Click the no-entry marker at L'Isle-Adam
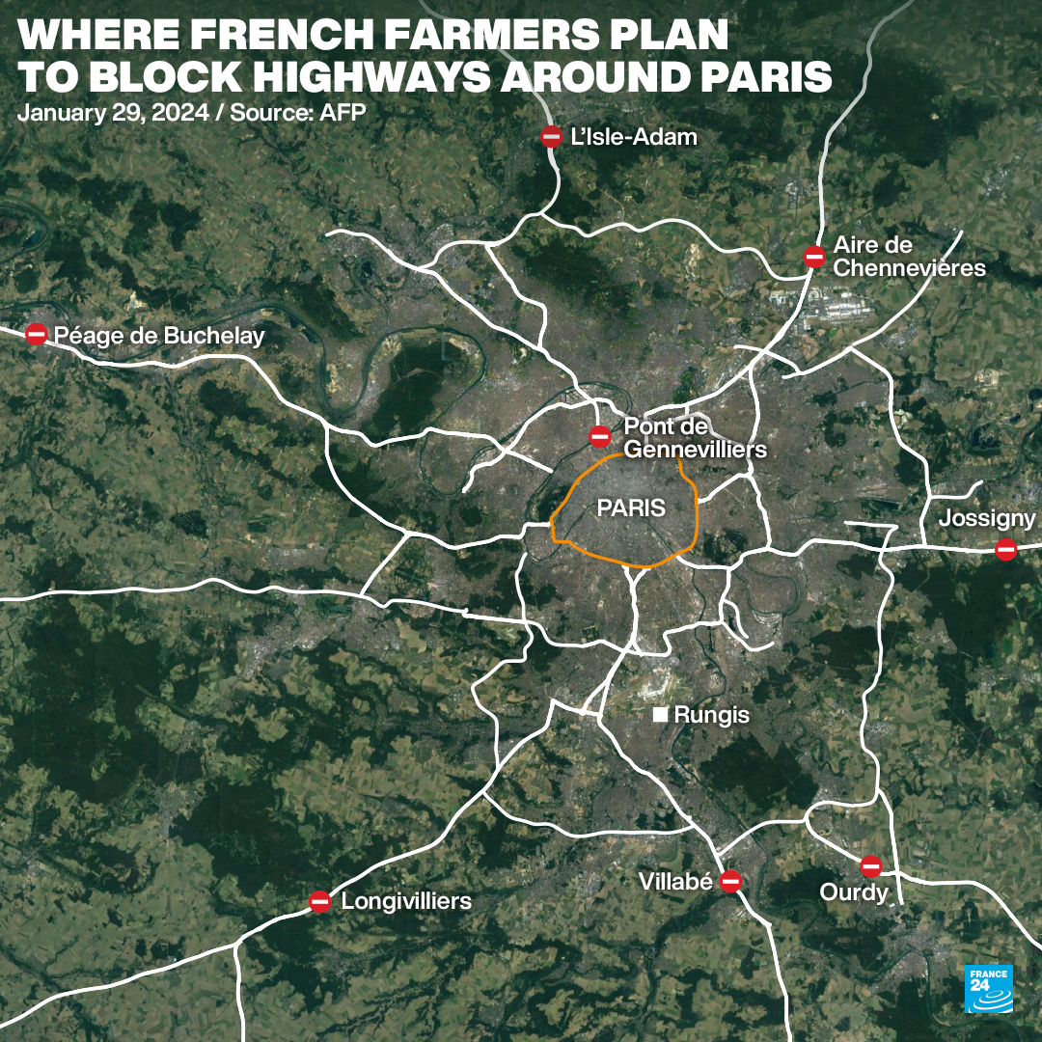point(551,137)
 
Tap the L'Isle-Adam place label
point(633,137)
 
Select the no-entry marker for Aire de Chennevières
point(814,257)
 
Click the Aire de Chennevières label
point(909,257)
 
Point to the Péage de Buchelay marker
point(37,335)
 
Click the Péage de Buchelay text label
point(159,336)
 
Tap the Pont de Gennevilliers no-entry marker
point(600,436)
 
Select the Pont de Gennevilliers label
point(695,438)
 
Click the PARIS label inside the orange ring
point(631,507)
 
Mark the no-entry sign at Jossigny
point(1006,550)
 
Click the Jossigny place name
point(987,519)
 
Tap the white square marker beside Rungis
point(660,715)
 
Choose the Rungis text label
point(711,716)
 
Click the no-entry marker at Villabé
point(730,881)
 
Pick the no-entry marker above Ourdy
point(871,865)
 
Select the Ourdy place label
point(853,893)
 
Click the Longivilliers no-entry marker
point(320,902)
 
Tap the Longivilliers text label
point(406,902)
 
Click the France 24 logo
point(989,988)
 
